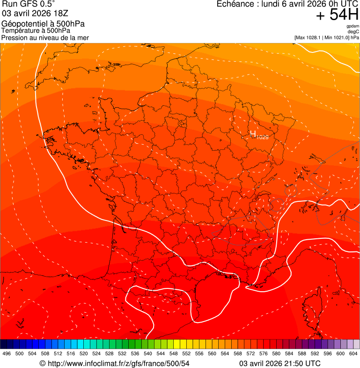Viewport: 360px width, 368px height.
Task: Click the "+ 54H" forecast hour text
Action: [337, 15]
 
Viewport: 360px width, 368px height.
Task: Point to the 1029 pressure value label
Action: [263, 137]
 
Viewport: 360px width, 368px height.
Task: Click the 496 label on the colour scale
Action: [7, 354]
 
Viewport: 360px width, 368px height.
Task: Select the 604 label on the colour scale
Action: [353, 354]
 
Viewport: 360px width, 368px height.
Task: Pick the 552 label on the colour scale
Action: [186, 354]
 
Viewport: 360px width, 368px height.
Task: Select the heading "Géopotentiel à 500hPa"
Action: [43, 24]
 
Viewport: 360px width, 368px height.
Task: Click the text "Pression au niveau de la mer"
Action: [45, 37]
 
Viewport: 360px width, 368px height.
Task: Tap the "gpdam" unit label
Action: [353, 26]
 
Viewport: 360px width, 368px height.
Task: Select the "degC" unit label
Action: [353, 32]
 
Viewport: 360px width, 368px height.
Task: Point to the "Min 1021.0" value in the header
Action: [336, 37]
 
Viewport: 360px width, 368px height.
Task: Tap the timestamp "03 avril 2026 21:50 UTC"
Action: [280, 363]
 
